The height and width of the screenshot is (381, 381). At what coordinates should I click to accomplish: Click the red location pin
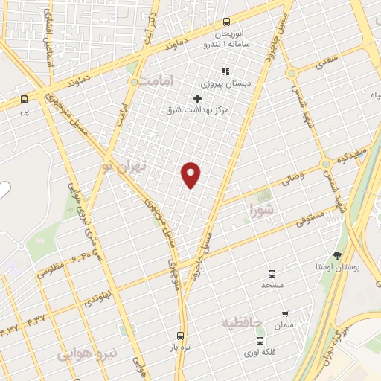191,174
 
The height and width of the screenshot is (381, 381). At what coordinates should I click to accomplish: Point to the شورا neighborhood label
262,209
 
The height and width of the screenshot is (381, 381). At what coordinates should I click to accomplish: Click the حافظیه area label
243,323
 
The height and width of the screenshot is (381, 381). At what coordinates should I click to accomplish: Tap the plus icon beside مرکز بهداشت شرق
197,98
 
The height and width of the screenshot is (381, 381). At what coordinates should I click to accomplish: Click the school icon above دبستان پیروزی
225,72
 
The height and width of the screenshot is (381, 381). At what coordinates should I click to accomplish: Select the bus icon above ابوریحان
227,22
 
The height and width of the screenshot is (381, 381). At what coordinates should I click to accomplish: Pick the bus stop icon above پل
25,98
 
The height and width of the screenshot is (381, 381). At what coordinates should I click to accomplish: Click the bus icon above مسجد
272,273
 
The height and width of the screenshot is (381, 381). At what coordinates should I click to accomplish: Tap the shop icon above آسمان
286,313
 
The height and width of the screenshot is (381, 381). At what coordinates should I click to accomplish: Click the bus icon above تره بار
179,336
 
